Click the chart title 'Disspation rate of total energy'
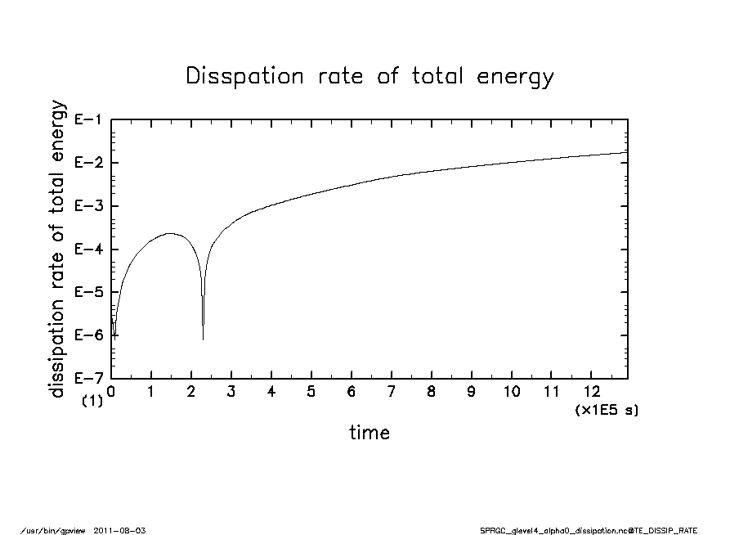pyautogui.click(x=369, y=77)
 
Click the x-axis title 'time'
pyautogui.click(x=369, y=433)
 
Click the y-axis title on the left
pyautogui.click(x=57, y=249)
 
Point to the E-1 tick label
pyautogui.click(x=87, y=119)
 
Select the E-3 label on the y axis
pyautogui.click(x=87, y=206)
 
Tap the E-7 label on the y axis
pyautogui.click(x=87, y=379)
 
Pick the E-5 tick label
pyautogui.click(x=87, y=292)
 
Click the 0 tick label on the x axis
pyautogui.click(x=111, y=391)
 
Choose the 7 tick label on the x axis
pyautogui.click(x=392, y=391)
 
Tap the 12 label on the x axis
pyautogui.click(x=591, y=391)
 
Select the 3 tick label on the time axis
pyautogui.click(x=231, y=391)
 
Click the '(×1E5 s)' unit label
pyautogui.click(x=607, y=409)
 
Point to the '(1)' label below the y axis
pyautogui.click(x=92, y=402)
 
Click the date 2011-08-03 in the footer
pyautogui.click(x=126, y=530)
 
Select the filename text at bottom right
pyautogui.click(x=589, y=530)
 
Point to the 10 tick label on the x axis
pyautogui.click(x=511, y=391)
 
